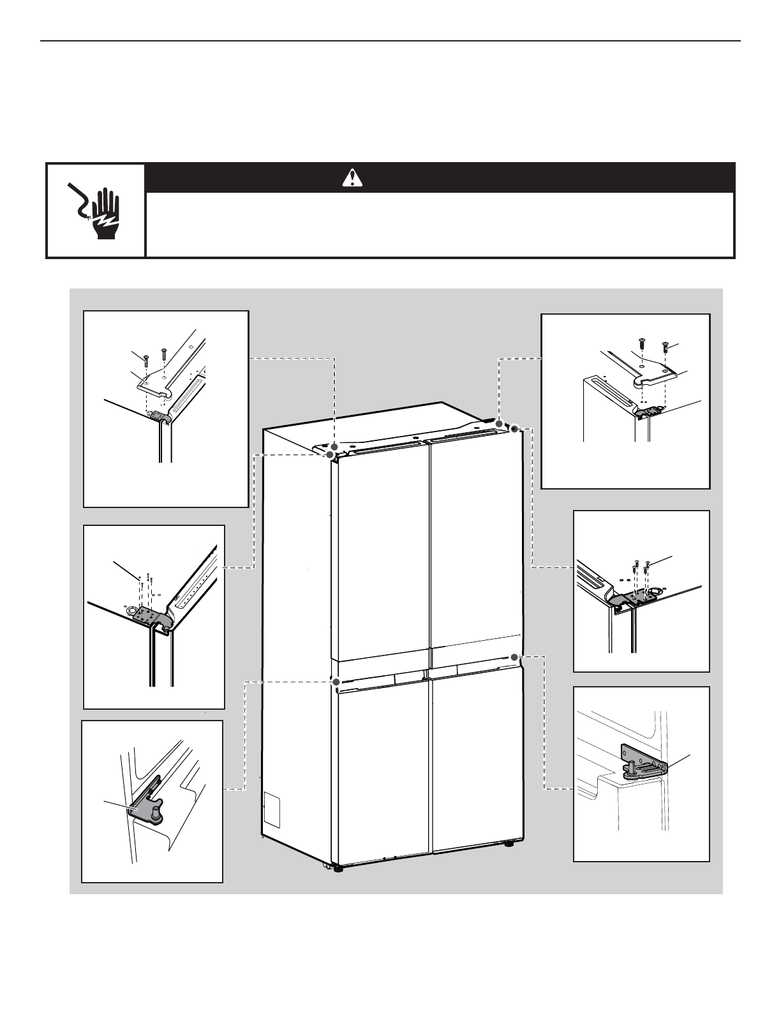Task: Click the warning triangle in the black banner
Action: click(x=352, y=177)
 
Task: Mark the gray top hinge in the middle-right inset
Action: click(x=632, y=597)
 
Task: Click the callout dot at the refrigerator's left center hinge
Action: click(x=336, y=682)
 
